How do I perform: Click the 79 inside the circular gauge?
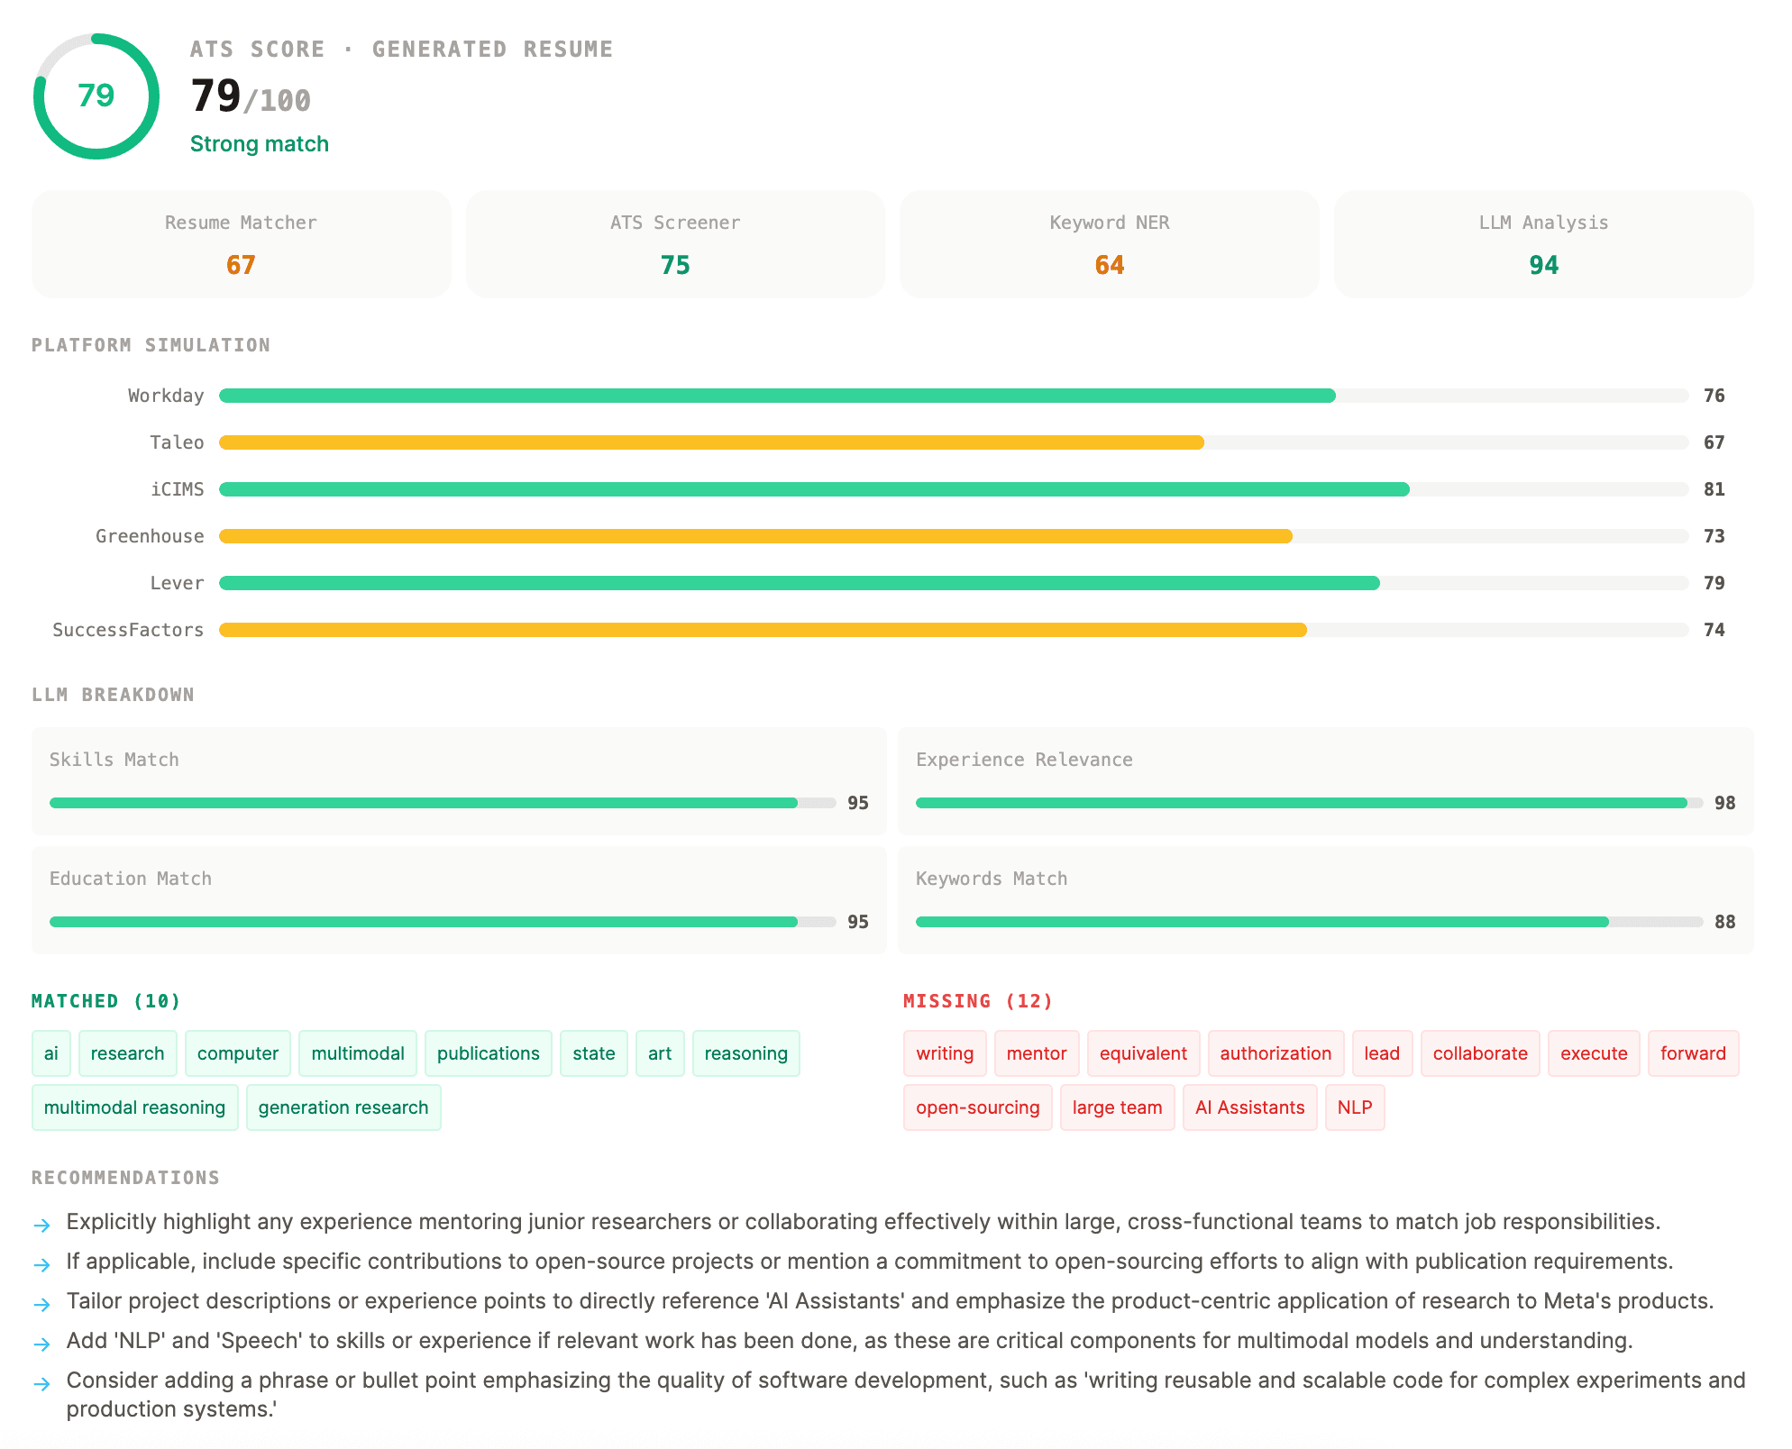(96, 96)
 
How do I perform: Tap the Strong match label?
(259, 144)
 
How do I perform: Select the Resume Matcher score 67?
(241, 265)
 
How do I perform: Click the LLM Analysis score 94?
(1543, 265)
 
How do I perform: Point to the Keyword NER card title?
(1109, 223)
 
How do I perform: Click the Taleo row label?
(177, 442)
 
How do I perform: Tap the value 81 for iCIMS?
(1714, 489)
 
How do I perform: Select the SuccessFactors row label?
(128, 630)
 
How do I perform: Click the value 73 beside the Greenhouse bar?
(1714, 536)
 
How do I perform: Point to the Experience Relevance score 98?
(1724, 803)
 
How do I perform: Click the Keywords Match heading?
(991, 879)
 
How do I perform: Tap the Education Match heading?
(130, 879)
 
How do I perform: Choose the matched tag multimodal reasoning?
(134, 1107)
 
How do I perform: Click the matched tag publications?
(488, 1053)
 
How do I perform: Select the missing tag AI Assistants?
(1249, 1107)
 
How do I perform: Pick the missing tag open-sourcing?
(977, 1107)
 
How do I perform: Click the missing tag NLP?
(1354, 1107)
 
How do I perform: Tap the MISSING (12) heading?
(978, 1001)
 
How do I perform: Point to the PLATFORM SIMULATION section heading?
(151, 345)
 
